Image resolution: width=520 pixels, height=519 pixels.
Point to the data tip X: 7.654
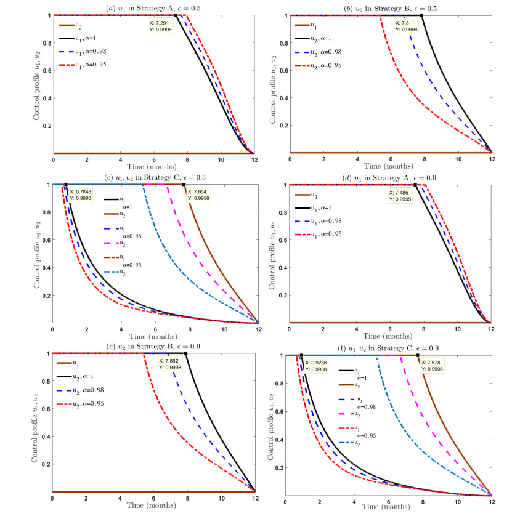pos(198,195)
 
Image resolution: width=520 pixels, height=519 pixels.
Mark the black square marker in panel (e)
pos(185,353)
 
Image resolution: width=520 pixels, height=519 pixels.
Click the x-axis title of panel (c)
pos(153,336)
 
